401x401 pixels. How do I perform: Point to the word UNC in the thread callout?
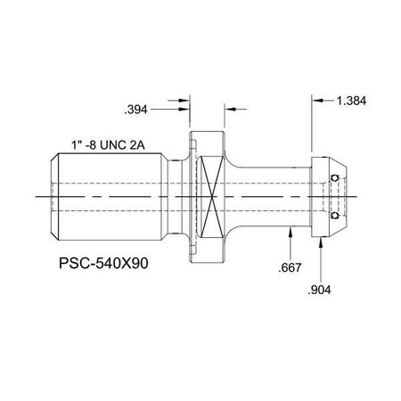point(126,143)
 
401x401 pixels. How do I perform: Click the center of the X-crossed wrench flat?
point(212,197)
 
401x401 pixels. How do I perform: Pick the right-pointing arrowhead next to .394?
point(186,110)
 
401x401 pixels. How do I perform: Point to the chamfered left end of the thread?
point(53,196)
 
